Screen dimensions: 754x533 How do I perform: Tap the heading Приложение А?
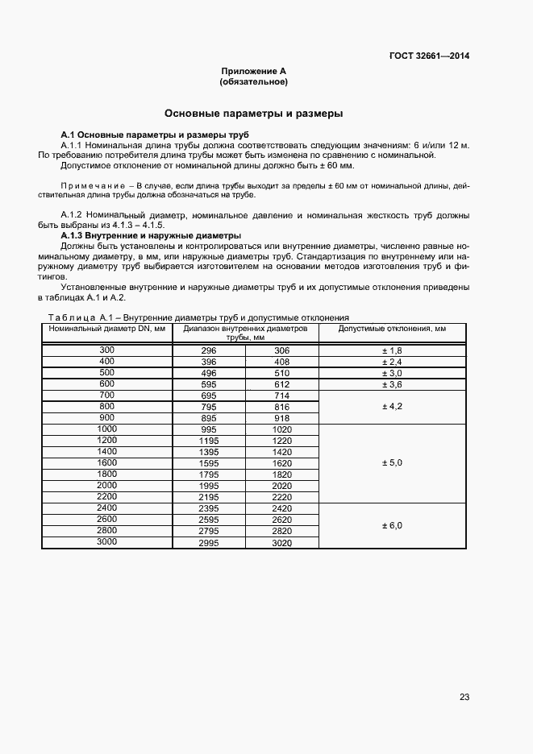(253, 71)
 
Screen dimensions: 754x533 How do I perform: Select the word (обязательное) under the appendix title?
(253, 82)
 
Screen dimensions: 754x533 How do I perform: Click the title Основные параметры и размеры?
(253, 114)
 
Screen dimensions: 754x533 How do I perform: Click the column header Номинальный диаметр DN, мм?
(106, 329)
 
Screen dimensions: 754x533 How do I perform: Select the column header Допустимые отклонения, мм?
(392, 329)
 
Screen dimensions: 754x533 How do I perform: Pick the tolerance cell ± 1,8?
(392, 351)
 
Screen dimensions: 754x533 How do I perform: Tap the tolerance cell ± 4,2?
(392, 408)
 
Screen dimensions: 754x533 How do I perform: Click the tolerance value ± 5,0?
(392, 463)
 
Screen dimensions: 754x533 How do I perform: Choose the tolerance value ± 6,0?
(392, 525)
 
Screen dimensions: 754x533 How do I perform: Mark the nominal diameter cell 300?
(106, 350)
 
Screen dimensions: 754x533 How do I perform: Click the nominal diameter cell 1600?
(106, 462)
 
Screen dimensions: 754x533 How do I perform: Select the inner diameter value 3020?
(281, 544)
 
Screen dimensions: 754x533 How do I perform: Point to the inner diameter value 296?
(209, 351)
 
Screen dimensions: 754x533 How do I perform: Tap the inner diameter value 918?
(281, 419)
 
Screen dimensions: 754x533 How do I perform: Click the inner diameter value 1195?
(209, 441)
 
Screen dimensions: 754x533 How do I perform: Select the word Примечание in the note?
(85, 185)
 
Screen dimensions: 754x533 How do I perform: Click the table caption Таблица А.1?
(73, 317)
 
